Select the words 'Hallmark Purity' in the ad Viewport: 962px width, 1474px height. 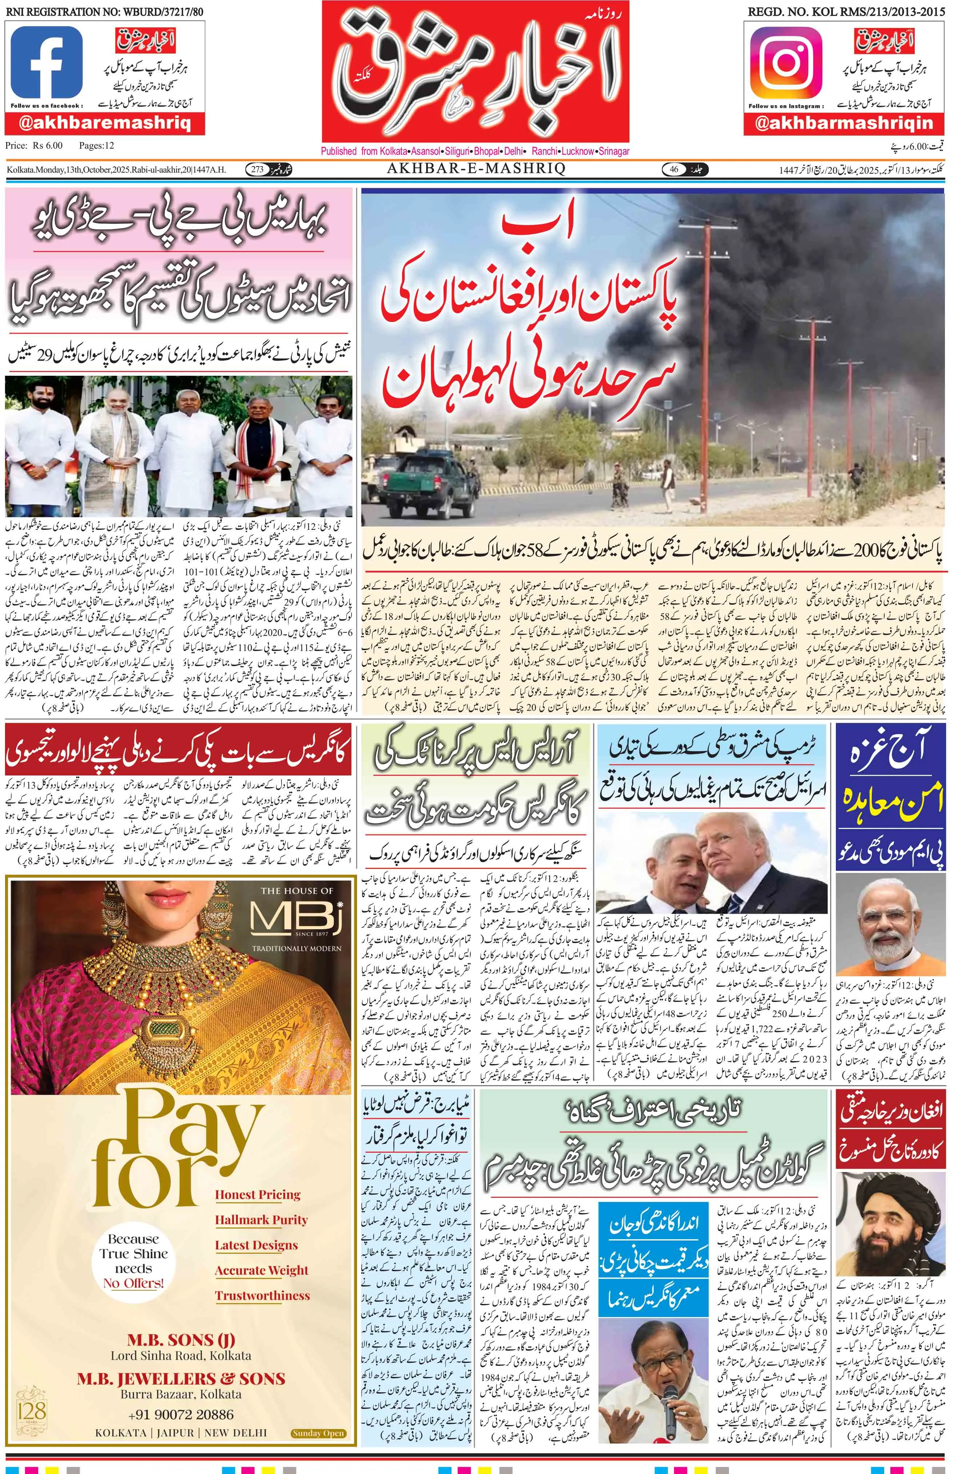click(261, 1220)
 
